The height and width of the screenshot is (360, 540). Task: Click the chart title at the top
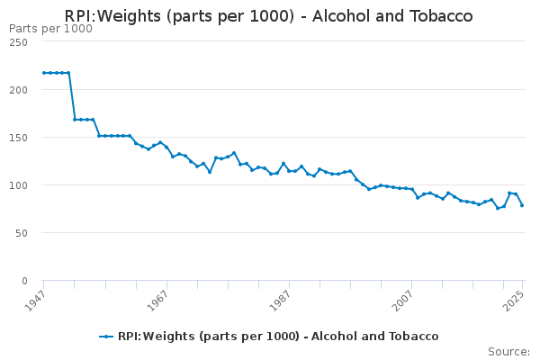(268, 16)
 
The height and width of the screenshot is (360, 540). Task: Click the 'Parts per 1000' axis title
(50, 29)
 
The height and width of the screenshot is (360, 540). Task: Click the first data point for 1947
(43, 73)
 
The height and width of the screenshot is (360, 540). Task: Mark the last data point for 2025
(522, 205)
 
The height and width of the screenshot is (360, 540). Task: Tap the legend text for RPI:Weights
(278, 337)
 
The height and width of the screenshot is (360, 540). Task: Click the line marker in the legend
(107, 337)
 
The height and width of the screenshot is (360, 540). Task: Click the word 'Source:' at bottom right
(508, 351)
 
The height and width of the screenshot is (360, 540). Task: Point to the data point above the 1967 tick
(166, 147)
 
